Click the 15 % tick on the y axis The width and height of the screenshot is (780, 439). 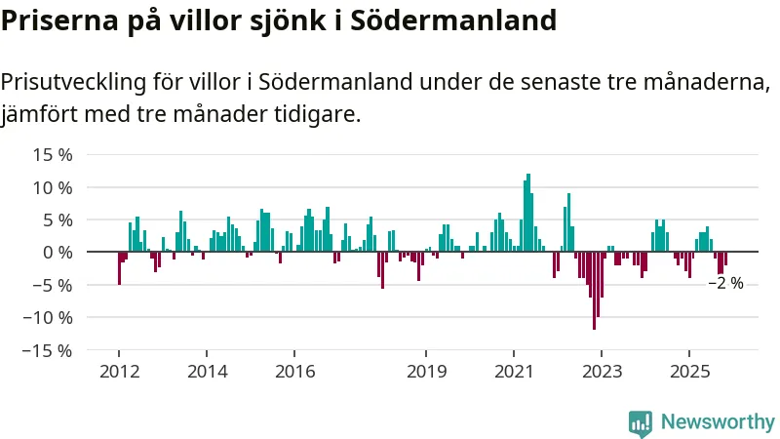(x=53, y=154)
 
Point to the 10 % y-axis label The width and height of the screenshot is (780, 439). (x=53, y=186)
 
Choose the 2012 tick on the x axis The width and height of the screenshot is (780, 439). (x=119, y=371)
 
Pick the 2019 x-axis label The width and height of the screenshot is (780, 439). (x=426, y=371)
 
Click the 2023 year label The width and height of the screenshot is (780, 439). (x=602, y=371)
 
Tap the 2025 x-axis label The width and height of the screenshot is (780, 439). (x=689, y=371)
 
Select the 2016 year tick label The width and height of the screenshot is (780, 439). (x=294, y=371)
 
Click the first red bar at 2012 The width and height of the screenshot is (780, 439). (x=119, y=268)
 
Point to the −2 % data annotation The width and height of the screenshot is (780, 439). (x=725, y=283)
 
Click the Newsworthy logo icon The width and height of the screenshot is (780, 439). (x=640, y=422)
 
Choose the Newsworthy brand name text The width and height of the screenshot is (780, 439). (x=718, y=422)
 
